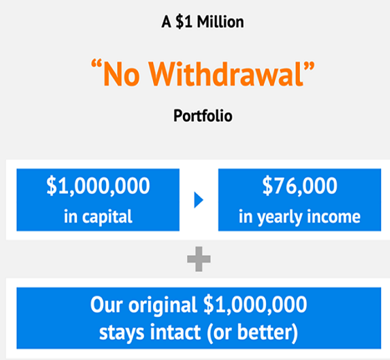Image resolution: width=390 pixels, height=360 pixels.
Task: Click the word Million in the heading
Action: [220, 21]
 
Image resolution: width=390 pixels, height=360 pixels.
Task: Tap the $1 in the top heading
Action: [184, 21]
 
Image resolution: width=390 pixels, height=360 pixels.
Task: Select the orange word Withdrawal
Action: [226, 74]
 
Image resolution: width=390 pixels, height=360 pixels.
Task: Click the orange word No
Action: [121, 74]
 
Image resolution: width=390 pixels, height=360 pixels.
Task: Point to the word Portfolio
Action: [203, 116]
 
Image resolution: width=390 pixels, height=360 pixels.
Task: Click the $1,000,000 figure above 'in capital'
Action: [98, 186]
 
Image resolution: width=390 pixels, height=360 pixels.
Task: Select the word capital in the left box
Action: [107, 217]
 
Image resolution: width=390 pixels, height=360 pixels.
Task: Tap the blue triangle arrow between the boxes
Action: [199, 200]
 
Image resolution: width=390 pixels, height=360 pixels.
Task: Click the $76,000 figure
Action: [300, 186]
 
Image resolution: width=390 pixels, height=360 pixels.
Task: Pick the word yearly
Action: [280, 217]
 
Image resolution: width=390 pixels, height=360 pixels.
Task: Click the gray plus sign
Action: [199, 259]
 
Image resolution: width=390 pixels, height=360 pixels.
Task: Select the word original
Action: [163, 305]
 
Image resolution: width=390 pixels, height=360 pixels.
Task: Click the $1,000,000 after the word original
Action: [256, 305]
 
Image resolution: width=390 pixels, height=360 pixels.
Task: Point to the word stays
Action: [122, 333]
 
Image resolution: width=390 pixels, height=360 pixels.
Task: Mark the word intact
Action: [175, 332]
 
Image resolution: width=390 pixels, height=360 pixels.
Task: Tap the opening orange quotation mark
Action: [96, 64]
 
